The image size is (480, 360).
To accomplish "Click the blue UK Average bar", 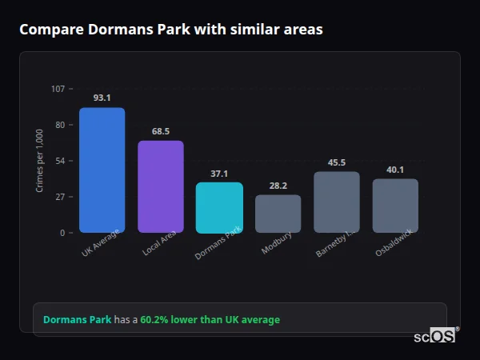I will coord(102,170).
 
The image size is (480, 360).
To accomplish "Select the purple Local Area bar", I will coord(161,186).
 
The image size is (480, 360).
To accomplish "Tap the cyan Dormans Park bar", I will coord(219,207).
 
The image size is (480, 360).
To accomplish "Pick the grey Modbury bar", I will coord(278,214).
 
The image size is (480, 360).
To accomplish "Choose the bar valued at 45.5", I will coord(337,202).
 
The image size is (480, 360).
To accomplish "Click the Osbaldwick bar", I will coord(395,206).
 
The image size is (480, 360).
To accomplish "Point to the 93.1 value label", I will coord(102,98).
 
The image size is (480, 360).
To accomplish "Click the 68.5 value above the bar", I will coord(161,131).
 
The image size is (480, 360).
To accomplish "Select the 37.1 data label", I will coord(219,174).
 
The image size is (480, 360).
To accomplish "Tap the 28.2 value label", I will coord(278,186).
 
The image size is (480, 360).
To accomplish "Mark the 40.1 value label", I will coord(395,170).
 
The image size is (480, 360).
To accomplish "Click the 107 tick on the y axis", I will coord(58,89).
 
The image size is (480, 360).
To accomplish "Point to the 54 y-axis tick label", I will coord(60,161).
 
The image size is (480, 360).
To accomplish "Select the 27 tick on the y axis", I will coord(60,197).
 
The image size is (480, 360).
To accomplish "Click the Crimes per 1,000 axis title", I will coord(40,161).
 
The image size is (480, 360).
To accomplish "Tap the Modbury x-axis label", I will coord(277,242).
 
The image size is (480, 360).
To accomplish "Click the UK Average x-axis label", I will coord(100,244).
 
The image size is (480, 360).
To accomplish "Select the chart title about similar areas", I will coord(171,30).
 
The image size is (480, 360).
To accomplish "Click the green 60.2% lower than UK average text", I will coord(210,320).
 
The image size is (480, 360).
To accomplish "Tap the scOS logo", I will coord(434,336).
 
